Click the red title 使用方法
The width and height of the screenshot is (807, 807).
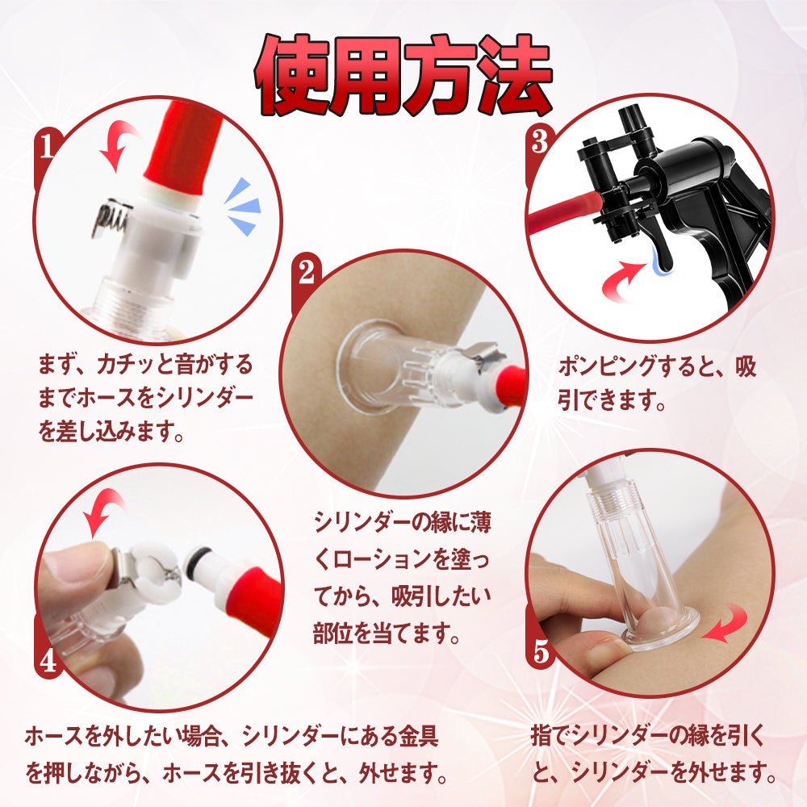[x=403, y=75]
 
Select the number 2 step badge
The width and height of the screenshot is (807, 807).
[x=306, y=274]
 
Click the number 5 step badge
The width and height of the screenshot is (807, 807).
[x=540, y=650]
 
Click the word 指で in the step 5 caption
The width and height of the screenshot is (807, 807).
[x=550, y=738]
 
